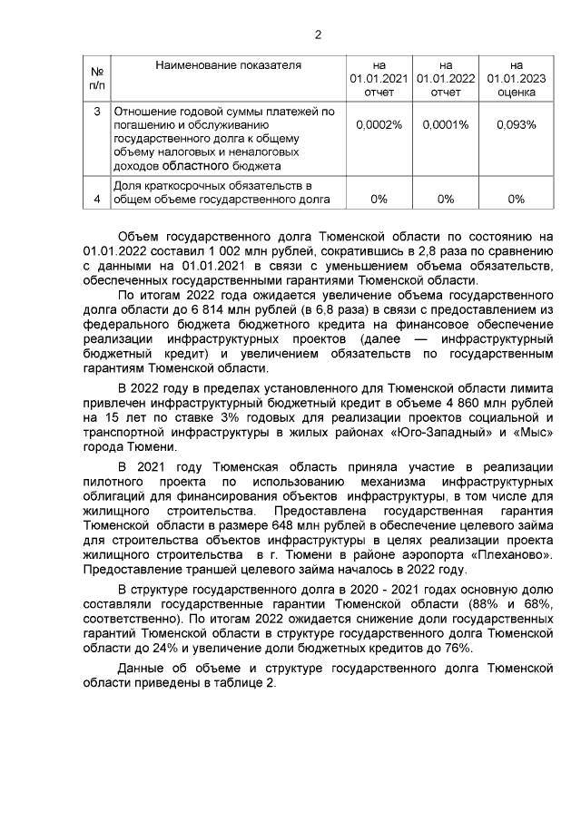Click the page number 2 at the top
pos(317,35)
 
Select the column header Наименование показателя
pos(228,65)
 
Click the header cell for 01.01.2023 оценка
pos(517,78)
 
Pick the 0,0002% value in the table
pos(380,124)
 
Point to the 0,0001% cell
pos(446,124)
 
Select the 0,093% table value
pos(517,124)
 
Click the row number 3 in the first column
pos(97,112)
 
